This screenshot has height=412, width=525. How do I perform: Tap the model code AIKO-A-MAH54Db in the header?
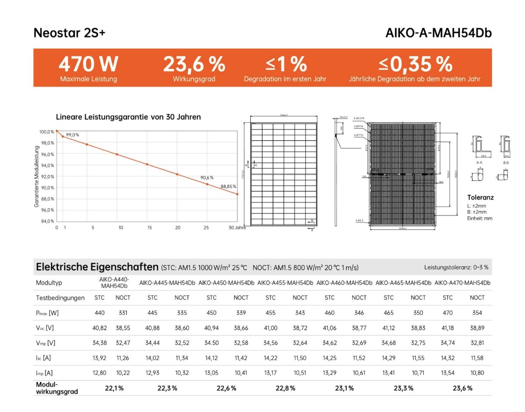pos(438,34)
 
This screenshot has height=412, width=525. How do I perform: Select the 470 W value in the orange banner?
pos(88,64)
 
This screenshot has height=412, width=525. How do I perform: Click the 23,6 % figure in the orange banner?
pos(194,64)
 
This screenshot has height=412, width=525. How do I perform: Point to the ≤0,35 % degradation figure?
pos(415,64)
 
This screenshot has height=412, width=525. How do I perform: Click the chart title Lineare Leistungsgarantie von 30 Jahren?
pos(128,117)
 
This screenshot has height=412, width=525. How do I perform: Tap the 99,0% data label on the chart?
pos(72,135)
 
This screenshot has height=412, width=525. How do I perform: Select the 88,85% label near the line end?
pos(228,186)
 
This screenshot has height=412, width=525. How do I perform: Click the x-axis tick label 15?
pos(149,228)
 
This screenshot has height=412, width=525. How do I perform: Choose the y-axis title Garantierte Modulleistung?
pos(37,176)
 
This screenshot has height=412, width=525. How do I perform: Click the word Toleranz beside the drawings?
pos(480,197)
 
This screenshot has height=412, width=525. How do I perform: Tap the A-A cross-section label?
pos(479,162)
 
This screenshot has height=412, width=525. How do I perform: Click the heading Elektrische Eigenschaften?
pos(97,267)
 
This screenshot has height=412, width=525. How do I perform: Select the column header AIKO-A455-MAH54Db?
pos(285,283)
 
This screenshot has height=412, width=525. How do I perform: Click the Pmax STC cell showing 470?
pos(448,313)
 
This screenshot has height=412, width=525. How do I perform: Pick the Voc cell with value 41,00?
pos(270,328)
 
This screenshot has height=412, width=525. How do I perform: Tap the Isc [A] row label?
pos(44,358)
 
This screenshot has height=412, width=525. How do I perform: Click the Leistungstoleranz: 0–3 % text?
pos(456,267)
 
